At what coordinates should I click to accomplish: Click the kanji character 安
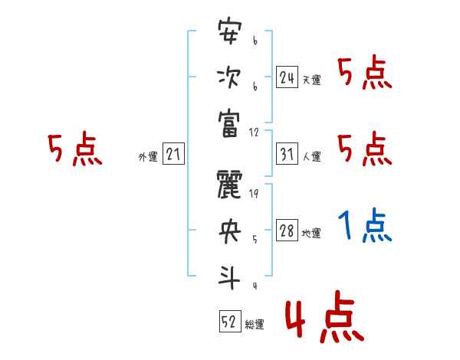tap(229, 34)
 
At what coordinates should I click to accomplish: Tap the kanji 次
tap(229, 77)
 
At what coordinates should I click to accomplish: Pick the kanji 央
tap(229, 231)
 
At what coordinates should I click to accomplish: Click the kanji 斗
tap(229, 275)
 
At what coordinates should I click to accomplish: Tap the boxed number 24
tap(287, 77)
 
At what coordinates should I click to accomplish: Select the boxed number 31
tap(287, 154)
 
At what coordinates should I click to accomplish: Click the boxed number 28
tap(287, 231)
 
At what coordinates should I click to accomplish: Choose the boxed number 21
tap(173, 154)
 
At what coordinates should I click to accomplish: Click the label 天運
tap(311, 80)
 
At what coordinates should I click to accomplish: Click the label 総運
tap(255, 324)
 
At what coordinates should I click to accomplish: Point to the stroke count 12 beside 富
tap(255, 131)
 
